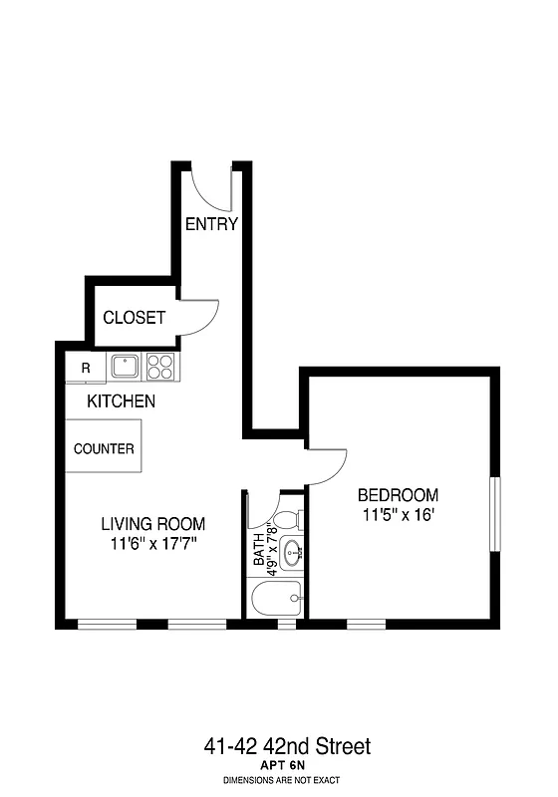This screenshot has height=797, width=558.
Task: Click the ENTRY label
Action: tap(211, 224)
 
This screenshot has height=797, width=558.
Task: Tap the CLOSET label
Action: tap(135, 318)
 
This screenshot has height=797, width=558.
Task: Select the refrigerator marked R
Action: tap(86, 368)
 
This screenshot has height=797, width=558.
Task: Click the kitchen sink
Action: tap(126, 367)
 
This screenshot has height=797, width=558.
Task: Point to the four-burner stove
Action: tap(160, 367)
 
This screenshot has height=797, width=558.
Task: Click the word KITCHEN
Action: tap(121, 401)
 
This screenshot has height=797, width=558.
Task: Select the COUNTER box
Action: tap(104, 448)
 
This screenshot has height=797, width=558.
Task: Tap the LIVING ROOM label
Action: tap(152, 524)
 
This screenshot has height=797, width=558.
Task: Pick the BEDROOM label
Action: tap(398, 495)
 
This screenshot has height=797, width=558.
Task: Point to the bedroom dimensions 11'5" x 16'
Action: tap(398, 515)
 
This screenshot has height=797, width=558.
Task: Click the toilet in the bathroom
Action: tap(287, 519)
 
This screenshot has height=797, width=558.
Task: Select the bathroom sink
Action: tap(291, 553)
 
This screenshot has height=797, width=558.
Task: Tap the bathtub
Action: tap(277, 599)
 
